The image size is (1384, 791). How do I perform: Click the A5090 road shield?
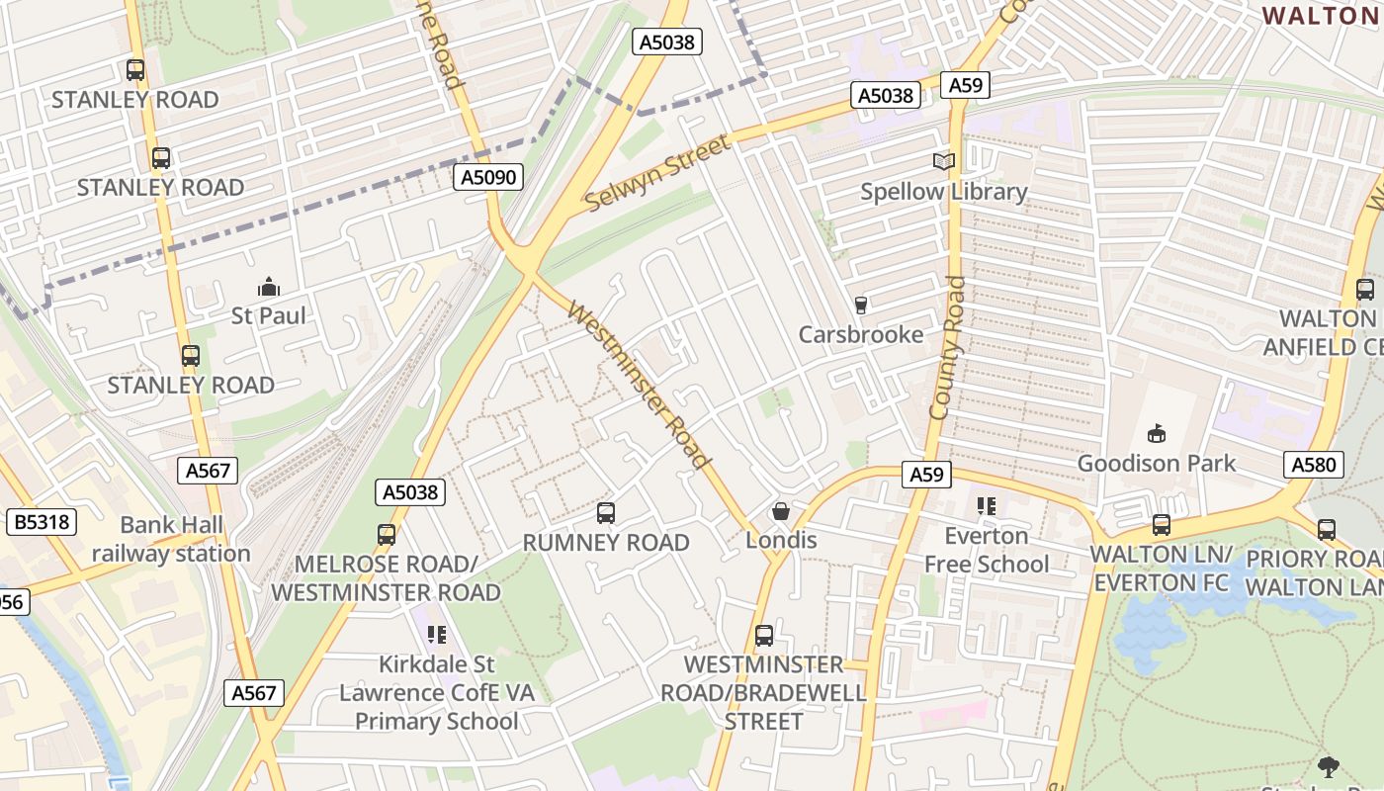(488, 177)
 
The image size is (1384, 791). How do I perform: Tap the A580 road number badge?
(1314, 465)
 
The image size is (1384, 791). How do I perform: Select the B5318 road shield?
(42, 522)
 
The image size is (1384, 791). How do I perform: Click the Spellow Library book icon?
(944, 161)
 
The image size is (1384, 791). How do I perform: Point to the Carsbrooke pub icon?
(860, 306)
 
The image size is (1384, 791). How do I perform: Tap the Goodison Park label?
(1156, 463)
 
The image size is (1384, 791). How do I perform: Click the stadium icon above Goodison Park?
(1156, 433)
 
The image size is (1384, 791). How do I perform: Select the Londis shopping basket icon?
(781, 511)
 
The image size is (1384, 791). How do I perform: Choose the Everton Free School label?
(986, 550)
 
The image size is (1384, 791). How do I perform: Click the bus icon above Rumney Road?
(606, 513)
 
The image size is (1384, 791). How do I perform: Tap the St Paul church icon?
(268, 288)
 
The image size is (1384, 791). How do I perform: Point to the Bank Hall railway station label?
(171, 539)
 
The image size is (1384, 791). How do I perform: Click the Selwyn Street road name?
(657, 173)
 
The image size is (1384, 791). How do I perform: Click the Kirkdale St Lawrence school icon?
(436, 635)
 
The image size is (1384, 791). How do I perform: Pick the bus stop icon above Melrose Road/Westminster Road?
(387, 535)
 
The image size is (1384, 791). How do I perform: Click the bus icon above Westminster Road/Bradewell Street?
(764, 636)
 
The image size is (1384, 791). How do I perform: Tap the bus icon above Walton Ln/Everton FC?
(1161, 525)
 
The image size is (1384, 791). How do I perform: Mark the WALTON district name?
(1323, 16)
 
